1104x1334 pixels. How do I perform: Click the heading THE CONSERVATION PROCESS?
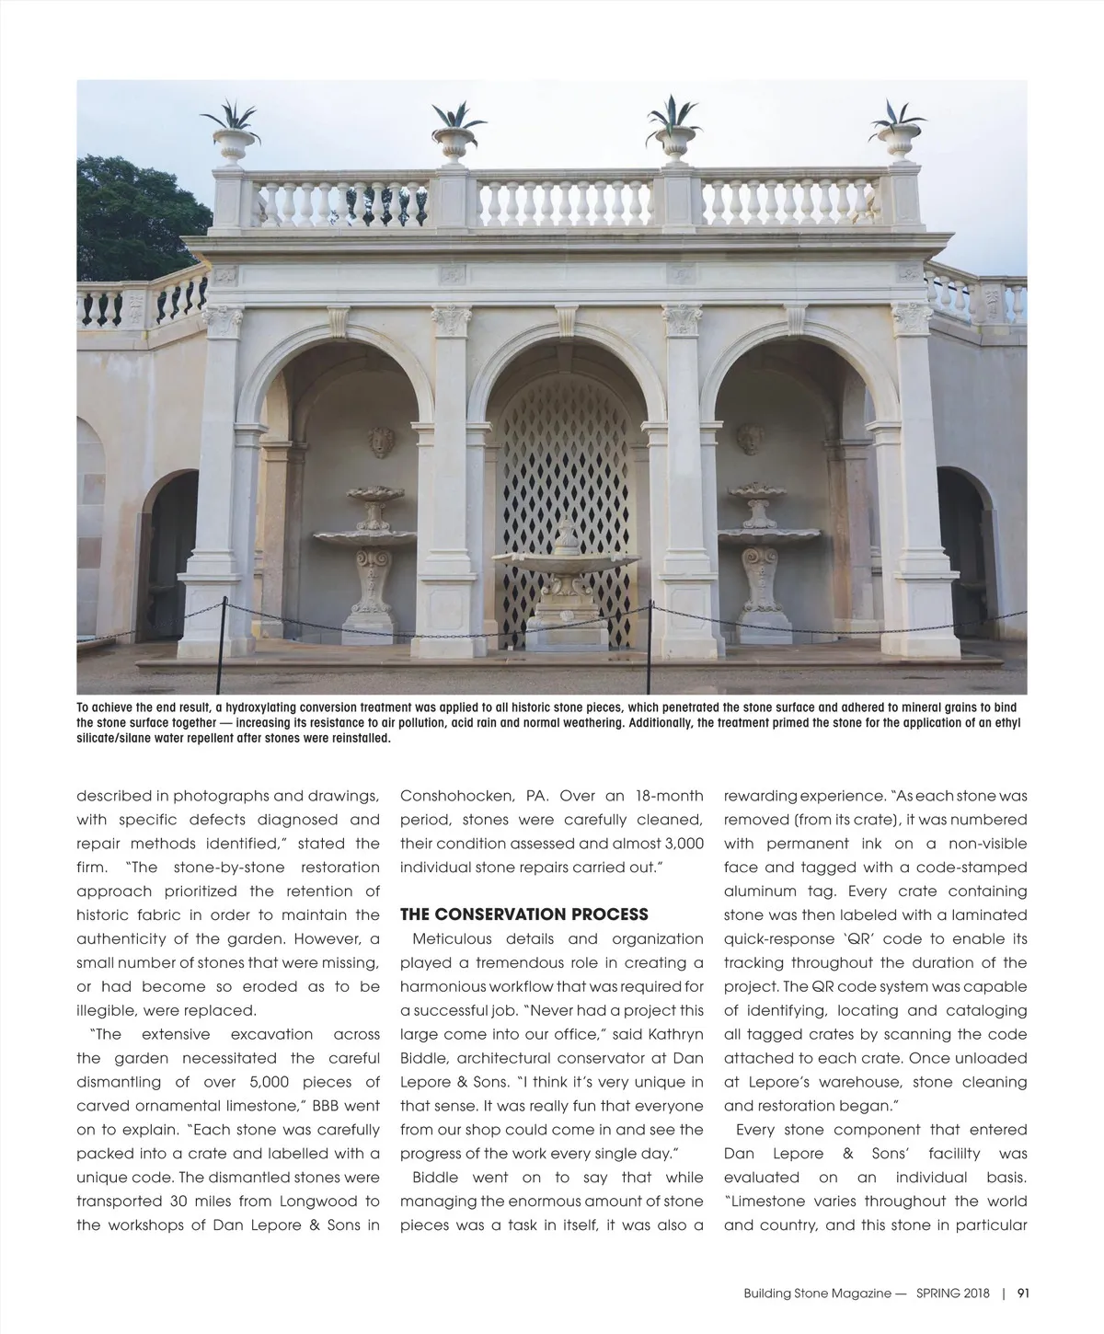click(x=524, y=914)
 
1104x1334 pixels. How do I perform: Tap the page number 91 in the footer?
click(x=1022, y=1293)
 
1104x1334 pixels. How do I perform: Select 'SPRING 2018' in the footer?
click(x=953, y=1293)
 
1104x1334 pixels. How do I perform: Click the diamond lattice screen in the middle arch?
click(x=563, y=451)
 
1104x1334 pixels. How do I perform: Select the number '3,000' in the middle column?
click(x=678, y=844)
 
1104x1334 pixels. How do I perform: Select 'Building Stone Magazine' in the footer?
click(x=817, y=1293)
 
